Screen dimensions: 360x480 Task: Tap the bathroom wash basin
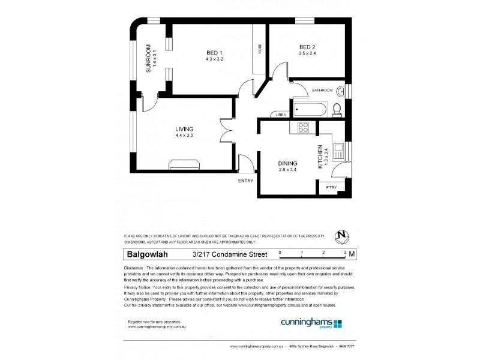point(341,91)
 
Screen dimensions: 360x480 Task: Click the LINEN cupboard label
point(280,115)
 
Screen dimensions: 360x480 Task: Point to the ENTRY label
point(246,181)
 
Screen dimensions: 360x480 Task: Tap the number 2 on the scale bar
point(323,253)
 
